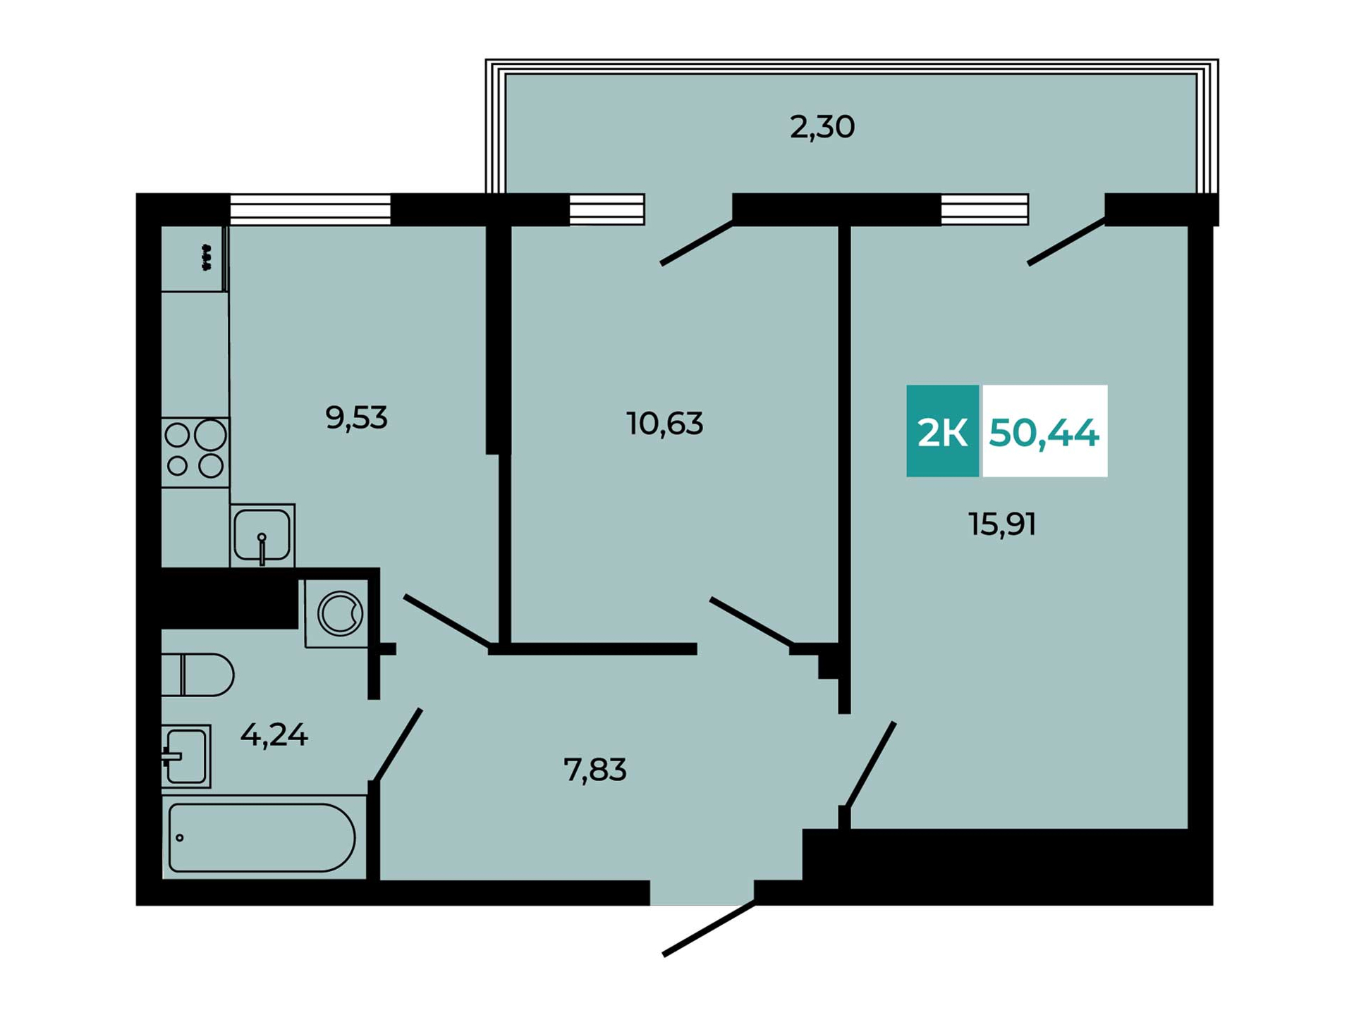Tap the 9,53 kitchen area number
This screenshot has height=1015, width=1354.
356,419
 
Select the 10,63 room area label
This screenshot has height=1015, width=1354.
664,424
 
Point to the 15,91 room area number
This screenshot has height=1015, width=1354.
1002,524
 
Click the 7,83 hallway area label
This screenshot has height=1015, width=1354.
594,770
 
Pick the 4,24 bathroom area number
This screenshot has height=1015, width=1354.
274,736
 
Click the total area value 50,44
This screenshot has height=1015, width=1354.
1044,433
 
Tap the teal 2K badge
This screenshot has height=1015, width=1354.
942,431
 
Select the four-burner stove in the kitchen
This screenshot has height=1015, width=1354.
195,452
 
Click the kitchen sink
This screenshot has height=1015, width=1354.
262,536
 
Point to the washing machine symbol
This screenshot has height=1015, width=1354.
340,613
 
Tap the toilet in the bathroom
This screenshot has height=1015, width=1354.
197,675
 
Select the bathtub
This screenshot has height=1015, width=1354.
264,837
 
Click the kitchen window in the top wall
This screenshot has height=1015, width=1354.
310,209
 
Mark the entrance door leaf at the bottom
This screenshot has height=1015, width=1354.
709,929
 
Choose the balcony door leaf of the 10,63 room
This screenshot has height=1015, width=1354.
697,243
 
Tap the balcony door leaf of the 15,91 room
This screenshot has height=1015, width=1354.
1066,242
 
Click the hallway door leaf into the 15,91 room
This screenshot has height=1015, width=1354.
870,764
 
